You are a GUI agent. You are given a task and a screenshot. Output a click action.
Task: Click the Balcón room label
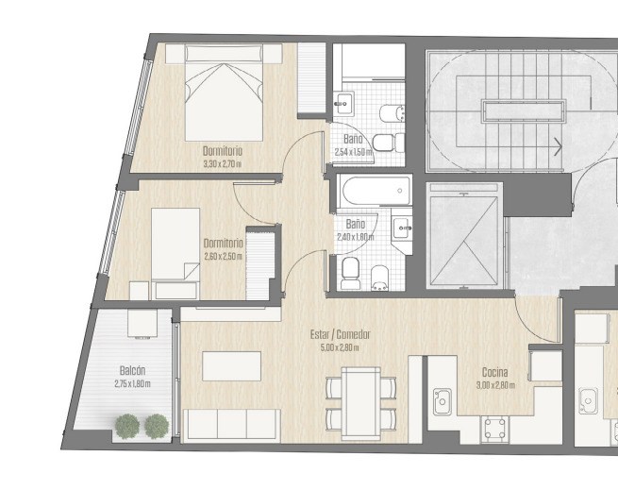point(132,371)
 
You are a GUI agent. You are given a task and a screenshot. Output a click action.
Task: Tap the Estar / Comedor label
point(341,335)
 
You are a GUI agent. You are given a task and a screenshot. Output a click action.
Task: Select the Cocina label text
point(495,372)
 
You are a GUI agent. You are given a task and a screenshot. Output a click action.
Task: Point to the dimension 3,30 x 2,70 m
point(223,164)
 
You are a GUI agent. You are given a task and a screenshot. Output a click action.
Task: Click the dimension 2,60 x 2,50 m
point(223,257)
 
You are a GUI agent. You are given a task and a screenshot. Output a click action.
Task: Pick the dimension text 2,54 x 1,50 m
point(353,152)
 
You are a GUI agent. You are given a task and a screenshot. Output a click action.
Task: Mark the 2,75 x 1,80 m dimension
point(132,383)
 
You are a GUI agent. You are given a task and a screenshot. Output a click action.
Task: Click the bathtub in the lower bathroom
point(376,191)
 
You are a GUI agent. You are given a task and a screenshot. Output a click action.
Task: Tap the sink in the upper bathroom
point(343,103)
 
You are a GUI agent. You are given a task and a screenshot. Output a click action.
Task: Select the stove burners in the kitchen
point(494,430)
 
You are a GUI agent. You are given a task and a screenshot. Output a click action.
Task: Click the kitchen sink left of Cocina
point(443,401)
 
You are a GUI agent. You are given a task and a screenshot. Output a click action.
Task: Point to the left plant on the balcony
point(127,427)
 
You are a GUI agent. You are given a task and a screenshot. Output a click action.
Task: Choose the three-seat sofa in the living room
point(232,425)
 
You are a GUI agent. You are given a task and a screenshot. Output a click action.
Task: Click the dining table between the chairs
point(361,403)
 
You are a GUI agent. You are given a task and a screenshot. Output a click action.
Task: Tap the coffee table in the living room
point(232,366)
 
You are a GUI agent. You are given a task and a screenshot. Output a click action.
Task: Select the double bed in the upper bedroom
point(224,93)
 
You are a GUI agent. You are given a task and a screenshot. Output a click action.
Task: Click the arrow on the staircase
point(558,146)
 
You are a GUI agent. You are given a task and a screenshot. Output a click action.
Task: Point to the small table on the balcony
point(142,323)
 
